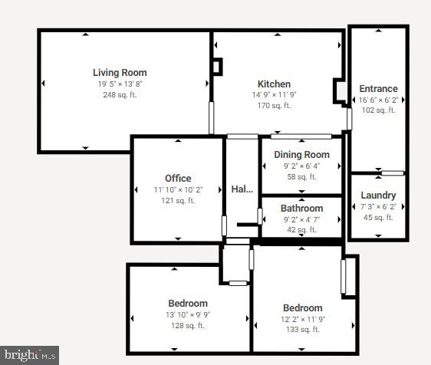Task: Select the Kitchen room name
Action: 274,84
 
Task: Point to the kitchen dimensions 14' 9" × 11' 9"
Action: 274,95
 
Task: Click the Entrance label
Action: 378,89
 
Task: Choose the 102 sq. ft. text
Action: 378,110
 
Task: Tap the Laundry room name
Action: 378,196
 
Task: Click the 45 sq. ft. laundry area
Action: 378,217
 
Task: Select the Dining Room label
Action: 301,155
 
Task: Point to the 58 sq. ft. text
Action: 301,176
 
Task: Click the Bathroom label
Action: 301,209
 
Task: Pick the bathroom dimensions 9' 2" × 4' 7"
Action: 301,219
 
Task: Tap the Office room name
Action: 178,179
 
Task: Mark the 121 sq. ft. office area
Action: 178,200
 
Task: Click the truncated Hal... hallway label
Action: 242,189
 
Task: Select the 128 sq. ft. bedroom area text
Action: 188,325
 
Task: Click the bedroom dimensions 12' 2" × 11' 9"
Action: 302,319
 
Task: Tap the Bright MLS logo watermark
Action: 30,355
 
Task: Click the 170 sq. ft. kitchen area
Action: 274,106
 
